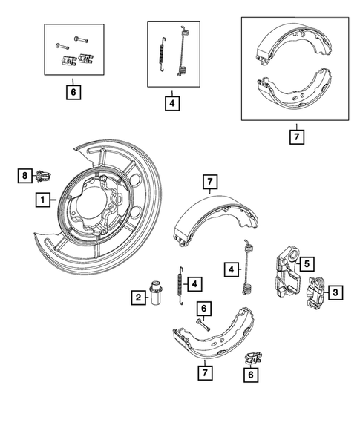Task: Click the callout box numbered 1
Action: coord(44,200)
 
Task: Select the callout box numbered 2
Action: coord(138,298)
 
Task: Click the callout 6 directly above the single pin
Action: coord(203,307)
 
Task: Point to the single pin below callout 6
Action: coord(203,324)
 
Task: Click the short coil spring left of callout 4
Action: coord(177,283)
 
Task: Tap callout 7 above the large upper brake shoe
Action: coord(210,182)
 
